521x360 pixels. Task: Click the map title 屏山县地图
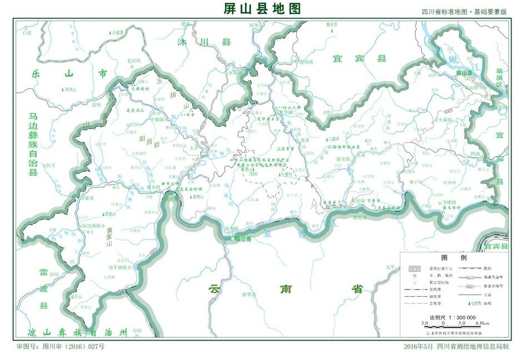pos(261,8)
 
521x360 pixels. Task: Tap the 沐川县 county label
pos(203,42)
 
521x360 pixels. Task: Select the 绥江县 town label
pos(241,239)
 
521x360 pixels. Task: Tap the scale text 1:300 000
pos(453,317)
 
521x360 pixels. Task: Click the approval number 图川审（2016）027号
pos(60,347)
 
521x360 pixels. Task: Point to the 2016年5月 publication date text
pos(419,347)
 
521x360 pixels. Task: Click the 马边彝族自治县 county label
pos(33,144)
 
